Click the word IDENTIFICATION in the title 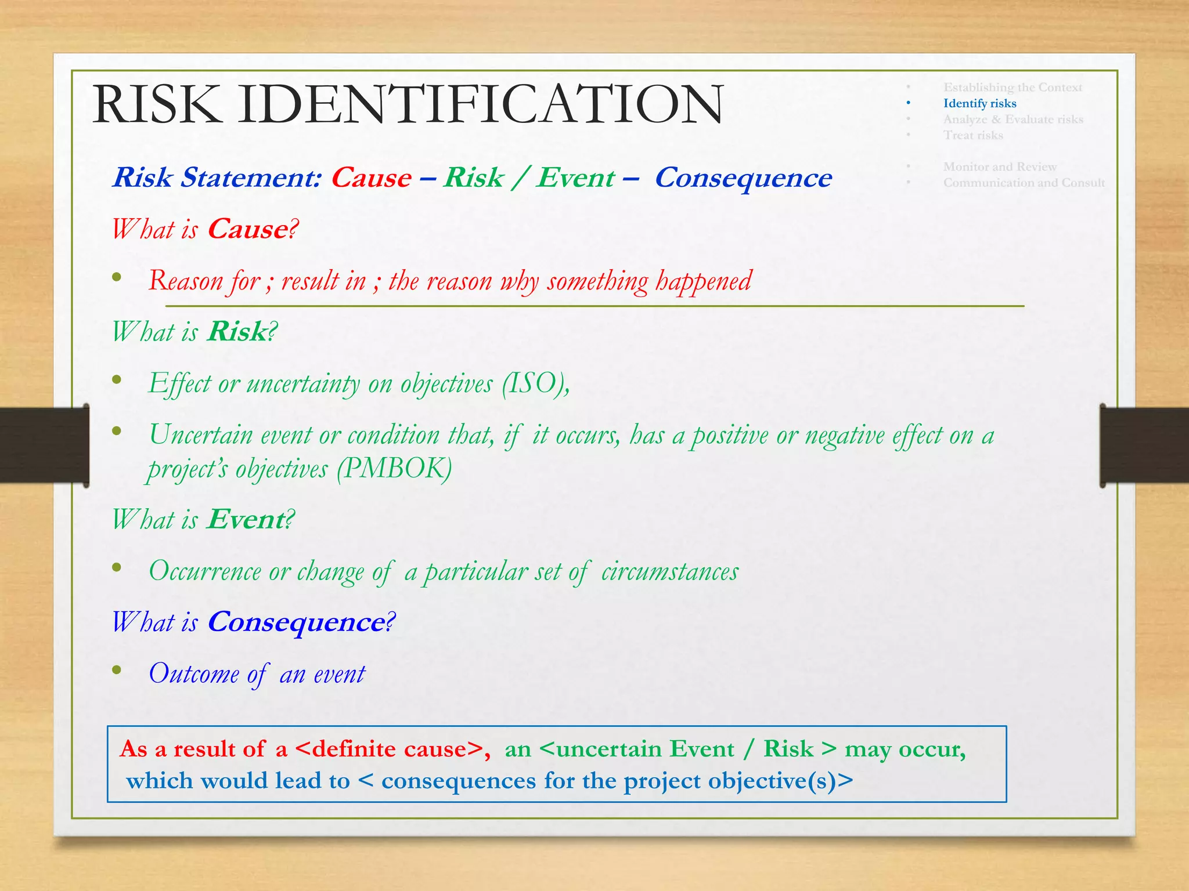tap(481, 104)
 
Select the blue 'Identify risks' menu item tap(979, 103)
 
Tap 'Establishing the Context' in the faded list tap(1013, 88)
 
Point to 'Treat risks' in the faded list tap(973, 135)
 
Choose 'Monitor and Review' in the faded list tap(1000, 167)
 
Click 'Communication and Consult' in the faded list tap(1024, 183)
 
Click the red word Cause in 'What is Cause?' tap(248, 229)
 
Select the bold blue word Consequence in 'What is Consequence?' tap(296, 622)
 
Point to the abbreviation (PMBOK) tap(394, 469)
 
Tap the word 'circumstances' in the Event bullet tap(669, 571)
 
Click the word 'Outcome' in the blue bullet tap(194, 673)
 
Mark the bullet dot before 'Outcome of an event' tap(117, 671)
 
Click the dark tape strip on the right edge tap(1144, 445)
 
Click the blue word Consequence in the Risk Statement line tap(743, 178)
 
